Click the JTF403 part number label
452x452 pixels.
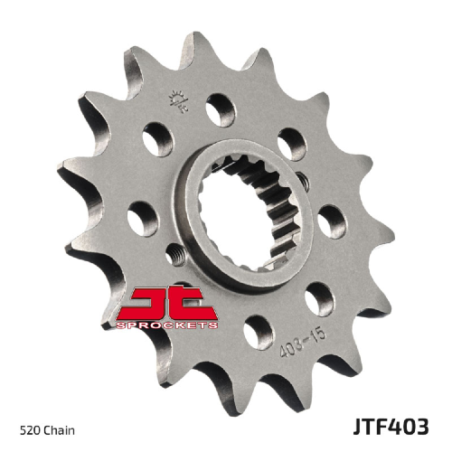391,427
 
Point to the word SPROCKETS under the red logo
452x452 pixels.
166,325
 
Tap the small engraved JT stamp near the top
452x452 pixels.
179,101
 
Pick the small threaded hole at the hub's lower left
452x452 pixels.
175,255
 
